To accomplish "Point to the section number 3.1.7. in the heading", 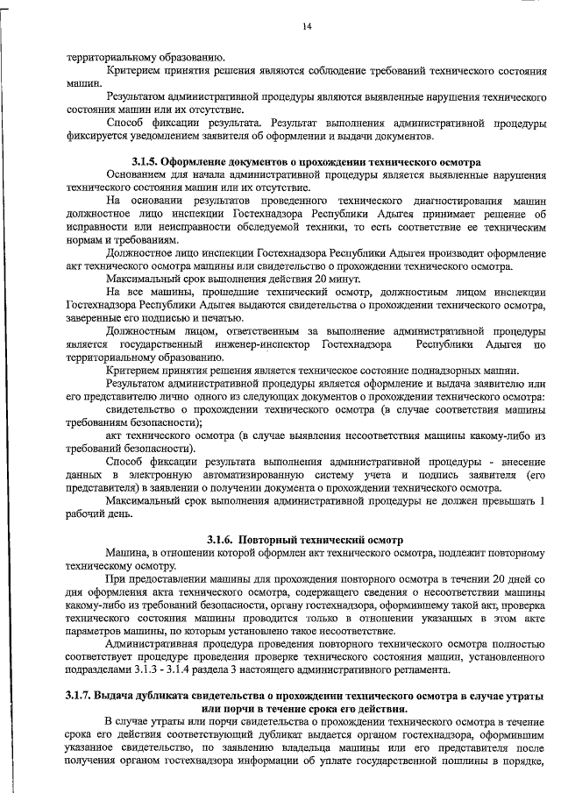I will pos(85,695).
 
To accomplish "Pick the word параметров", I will pos(94,631).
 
